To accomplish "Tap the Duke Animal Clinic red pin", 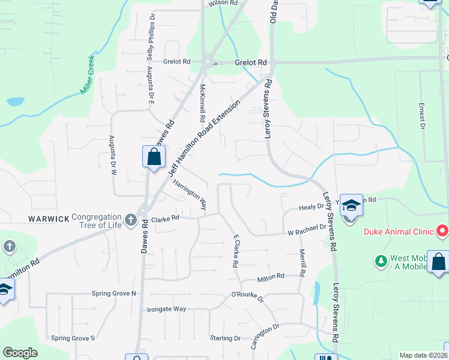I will coord(442,230).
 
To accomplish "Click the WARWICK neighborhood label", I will coord(49,219).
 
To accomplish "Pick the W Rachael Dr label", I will coord(306,229).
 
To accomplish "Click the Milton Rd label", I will coord(270,277).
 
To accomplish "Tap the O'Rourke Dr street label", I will coord(247,296).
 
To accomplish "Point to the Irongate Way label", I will coord(166,310).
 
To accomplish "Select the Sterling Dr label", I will coord(225,338).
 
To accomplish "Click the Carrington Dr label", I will coord(265,337).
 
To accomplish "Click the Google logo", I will coord(20,353).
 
